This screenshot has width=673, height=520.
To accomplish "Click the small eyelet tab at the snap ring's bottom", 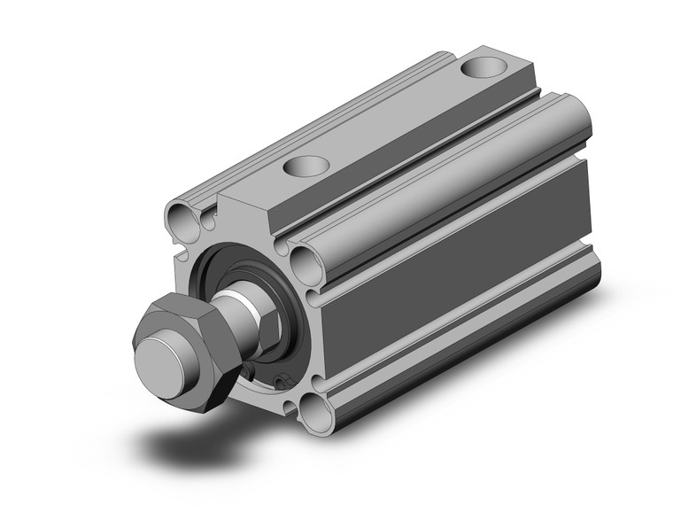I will [282, 383].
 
